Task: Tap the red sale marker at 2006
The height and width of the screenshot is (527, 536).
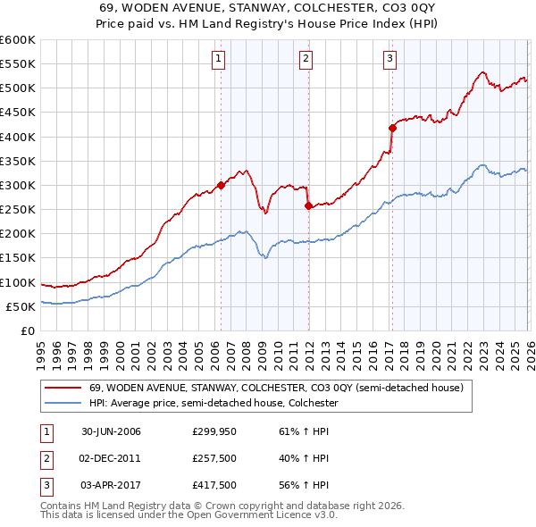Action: pos(221,186)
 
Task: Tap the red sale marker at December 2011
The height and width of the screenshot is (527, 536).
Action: pos(308,205)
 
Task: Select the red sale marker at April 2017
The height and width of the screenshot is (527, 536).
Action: pos(392,128)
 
